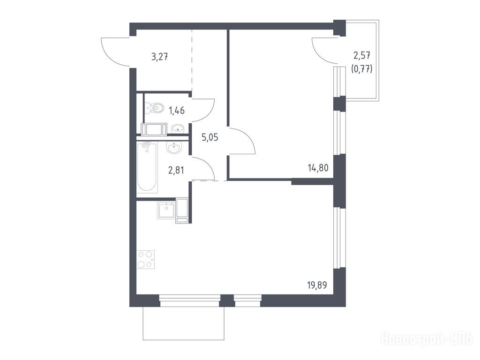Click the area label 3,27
point(159,57)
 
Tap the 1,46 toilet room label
point(177,110)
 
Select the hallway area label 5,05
point(210,137)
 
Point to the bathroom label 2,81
point(176,170)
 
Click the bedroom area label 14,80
point(318,168)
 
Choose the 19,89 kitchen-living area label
point(317,285)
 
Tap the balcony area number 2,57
point(362,55)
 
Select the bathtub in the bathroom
point(147,167)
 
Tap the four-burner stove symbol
point(145,259)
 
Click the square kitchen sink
point(166,210)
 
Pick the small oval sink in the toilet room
point(178,128)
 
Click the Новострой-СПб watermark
point(427,339)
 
